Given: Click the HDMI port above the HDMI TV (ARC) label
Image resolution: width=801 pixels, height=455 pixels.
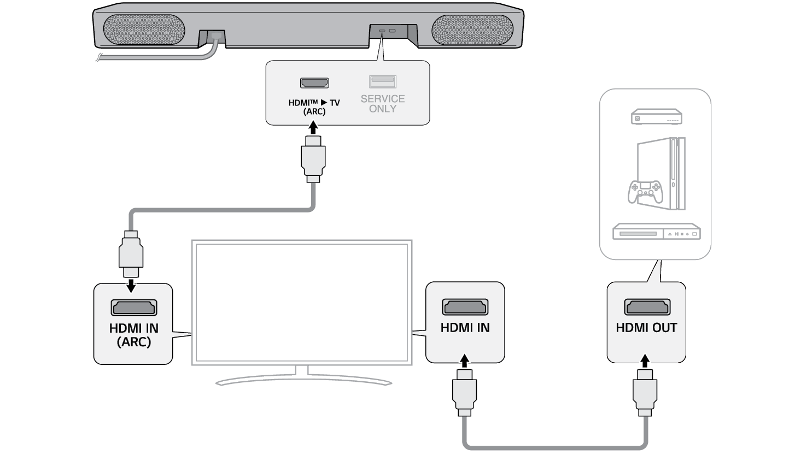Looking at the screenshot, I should click(314, 83).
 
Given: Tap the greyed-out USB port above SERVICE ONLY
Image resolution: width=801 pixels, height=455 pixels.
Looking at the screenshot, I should click(382, 82).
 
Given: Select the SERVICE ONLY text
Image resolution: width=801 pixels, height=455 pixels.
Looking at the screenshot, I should click(383, 103).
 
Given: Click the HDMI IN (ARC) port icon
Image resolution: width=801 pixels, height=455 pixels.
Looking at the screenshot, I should click(134, 308).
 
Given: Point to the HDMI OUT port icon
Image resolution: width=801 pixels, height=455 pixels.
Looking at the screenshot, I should click(647, 307).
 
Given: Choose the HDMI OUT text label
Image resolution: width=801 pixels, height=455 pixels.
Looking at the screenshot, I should click(646, 328).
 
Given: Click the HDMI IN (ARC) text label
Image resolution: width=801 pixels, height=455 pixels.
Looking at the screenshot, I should click(134, 335).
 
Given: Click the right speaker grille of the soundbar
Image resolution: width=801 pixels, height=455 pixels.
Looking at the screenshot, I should click(472, 29).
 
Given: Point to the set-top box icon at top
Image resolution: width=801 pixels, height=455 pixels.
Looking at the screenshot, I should click(656, 117).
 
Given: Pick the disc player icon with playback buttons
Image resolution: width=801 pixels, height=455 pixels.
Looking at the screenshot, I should click(656, 232).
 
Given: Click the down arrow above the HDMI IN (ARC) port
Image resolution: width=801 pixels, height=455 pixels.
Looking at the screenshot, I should click(131, 286).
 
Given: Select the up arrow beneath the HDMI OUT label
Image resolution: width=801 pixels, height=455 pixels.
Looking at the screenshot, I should click(645, 361).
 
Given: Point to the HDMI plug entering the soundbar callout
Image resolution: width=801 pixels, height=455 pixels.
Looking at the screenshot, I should click(313, 158).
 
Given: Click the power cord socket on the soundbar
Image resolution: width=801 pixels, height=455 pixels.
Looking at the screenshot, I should click(217, 36).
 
